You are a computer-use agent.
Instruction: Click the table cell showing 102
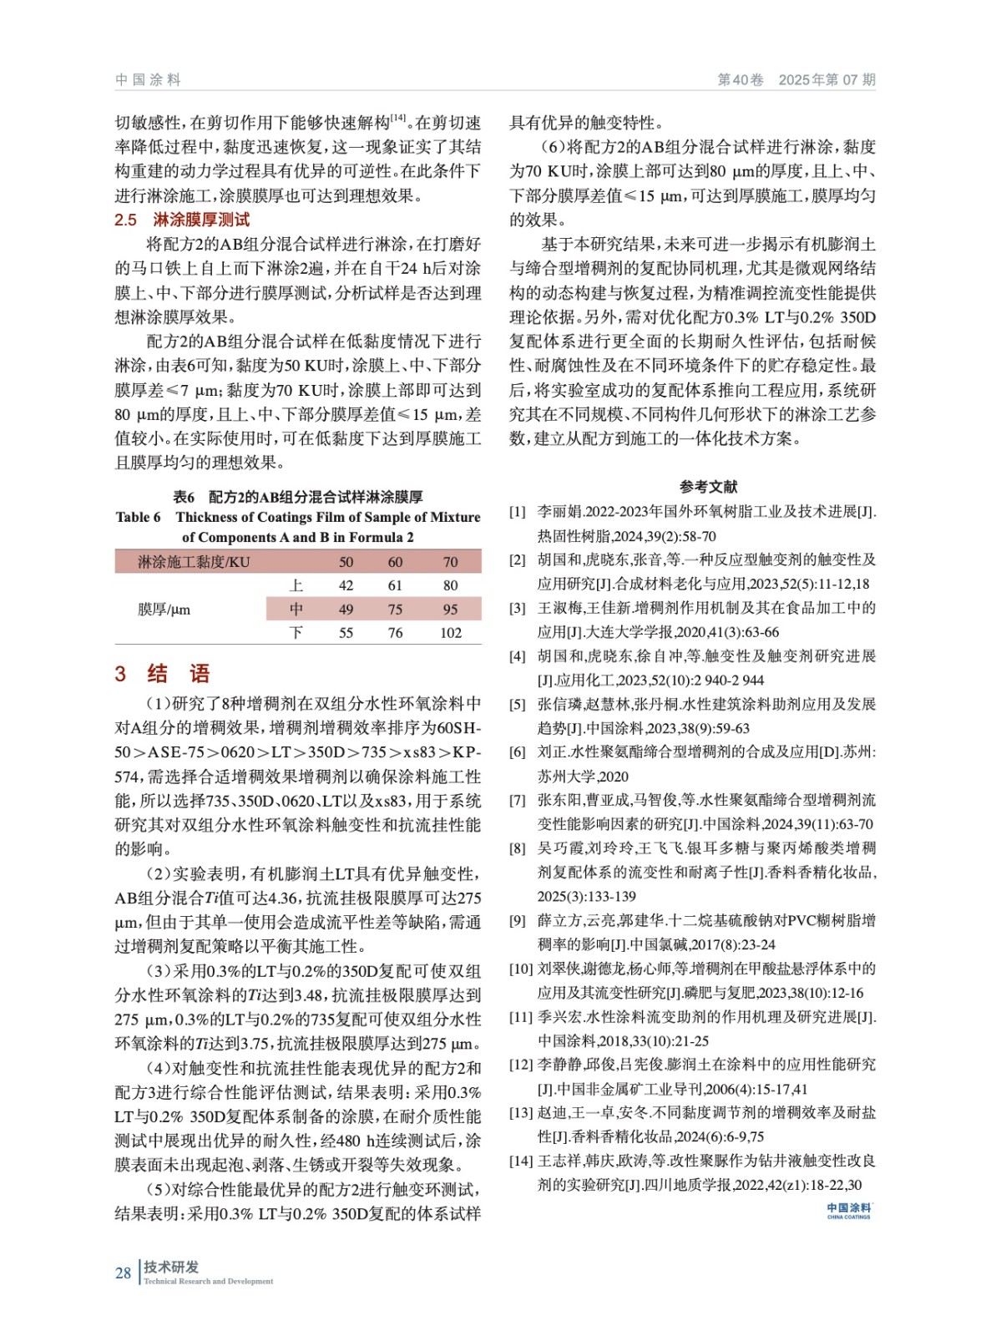(450, 633)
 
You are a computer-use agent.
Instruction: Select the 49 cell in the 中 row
(346, 610)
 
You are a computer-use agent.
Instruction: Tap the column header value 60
(395, 562)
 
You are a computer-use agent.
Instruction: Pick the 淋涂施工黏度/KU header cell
(194, 562)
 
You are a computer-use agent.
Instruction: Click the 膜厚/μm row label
(164, 610)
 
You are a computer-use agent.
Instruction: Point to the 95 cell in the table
(450, 610)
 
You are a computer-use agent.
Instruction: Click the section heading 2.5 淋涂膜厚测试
(182, 220)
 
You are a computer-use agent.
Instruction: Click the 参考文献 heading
(708, 487)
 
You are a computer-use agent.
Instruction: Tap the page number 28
(123, 1273)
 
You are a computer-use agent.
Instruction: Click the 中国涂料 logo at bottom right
(848, 1211)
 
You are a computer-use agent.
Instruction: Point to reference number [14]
(521, 1161)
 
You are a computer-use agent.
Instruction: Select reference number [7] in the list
(518, 800)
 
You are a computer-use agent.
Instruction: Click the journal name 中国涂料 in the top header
(148, 80)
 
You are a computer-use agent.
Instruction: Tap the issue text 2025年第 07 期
(827, 80)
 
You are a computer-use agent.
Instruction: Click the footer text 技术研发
(171, 1267)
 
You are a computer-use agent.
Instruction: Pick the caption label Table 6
(139, 517)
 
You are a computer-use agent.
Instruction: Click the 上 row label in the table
(296, 585)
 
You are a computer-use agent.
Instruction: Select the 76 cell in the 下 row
(395, 633)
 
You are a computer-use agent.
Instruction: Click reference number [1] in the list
(518, 512)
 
